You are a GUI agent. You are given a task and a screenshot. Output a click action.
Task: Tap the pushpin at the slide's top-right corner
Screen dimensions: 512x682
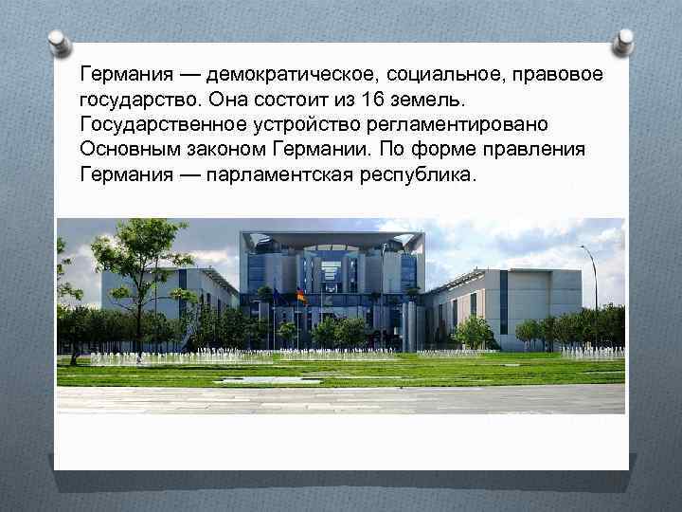pyautogui.click(x=622, y=41)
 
